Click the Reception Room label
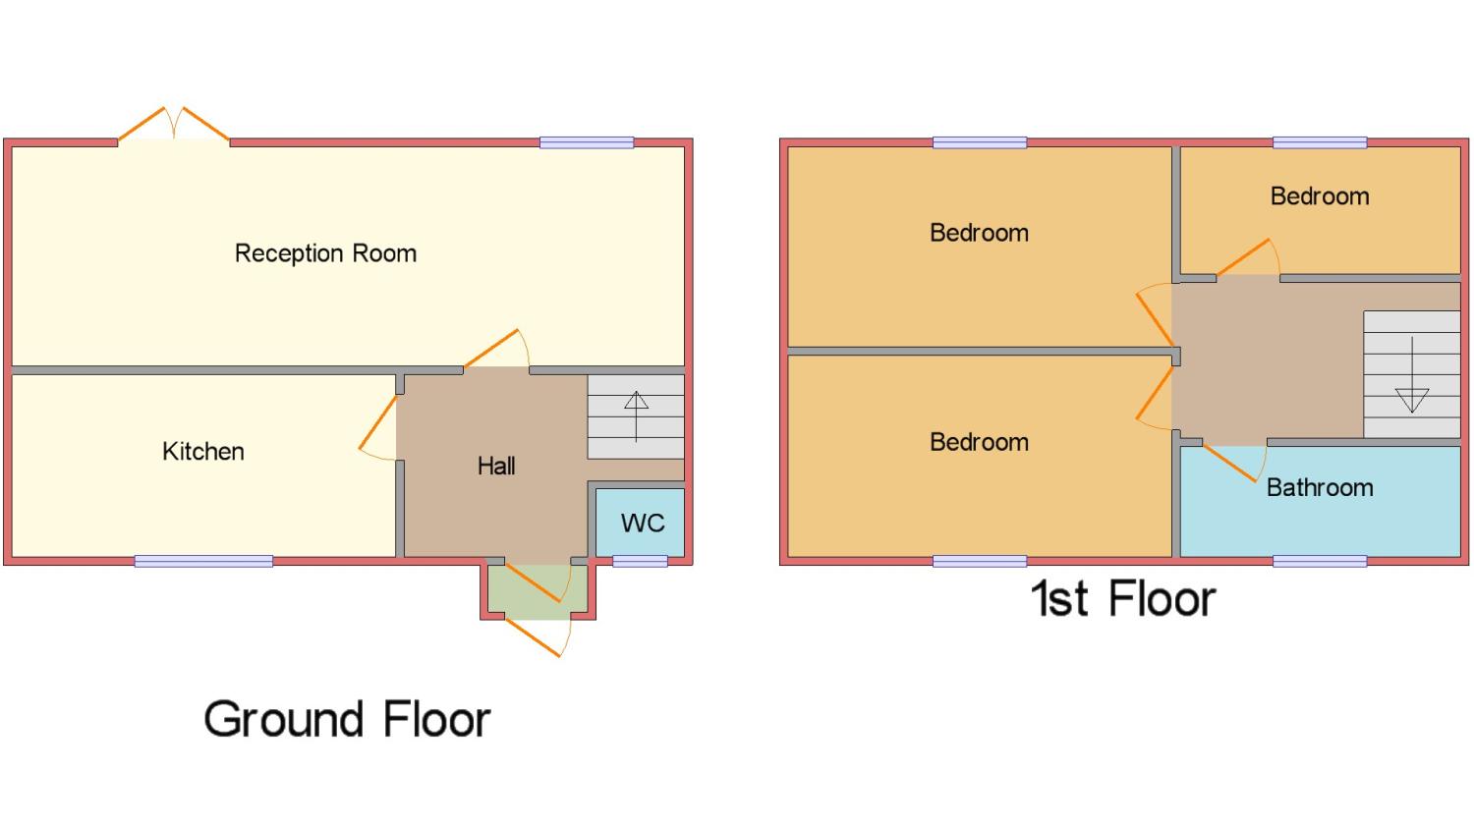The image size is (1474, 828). tap(325, 253)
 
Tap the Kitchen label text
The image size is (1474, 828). tap(203, 452)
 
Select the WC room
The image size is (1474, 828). tap(642, 523)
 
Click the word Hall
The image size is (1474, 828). tap(496, 466)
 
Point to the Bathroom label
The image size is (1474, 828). tap(1320, 487)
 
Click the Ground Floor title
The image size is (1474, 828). tap(347, 719)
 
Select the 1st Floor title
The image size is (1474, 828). tap(1123, 598)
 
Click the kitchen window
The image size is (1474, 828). tap(203, 561)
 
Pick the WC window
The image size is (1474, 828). tap(640, 561)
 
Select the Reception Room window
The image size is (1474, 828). tap(587, 142)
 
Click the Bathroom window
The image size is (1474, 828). tap(1320, 561)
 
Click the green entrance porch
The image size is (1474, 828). tap(530, 591)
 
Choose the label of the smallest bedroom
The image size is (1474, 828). tap(1320, 196)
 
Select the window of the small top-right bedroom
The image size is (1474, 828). tap(1320, 142)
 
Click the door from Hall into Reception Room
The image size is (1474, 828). tap(496, 350)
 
